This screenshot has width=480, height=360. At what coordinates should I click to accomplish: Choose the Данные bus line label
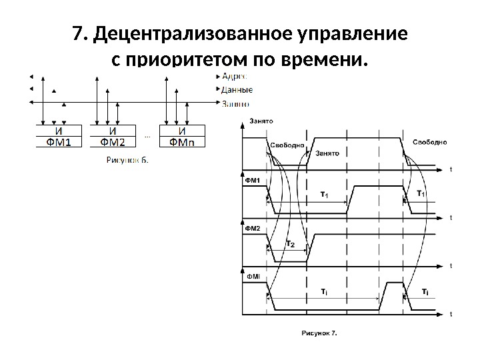(237, 89)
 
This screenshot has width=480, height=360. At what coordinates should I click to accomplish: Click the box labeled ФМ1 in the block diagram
(59, 141)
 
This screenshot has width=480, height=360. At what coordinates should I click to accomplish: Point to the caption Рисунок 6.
(127, 160)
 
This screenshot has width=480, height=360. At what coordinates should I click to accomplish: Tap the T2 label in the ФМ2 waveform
(291, 245)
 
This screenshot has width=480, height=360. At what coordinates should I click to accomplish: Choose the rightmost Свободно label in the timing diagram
(430, 142)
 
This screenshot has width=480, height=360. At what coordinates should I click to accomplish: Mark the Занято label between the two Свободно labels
(327, 153)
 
